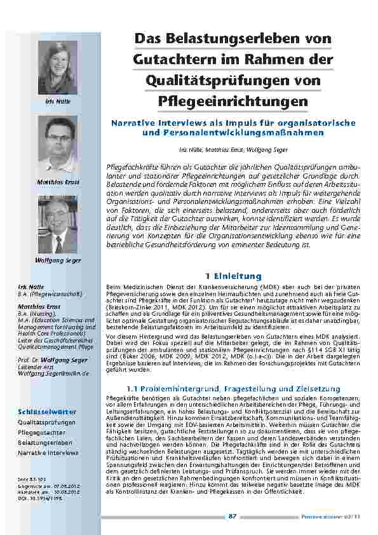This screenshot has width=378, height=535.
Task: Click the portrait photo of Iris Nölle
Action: [x=58, y=67]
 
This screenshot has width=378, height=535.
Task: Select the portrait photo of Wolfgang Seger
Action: [x=58, y=225]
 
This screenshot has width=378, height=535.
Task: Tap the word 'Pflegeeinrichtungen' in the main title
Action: [x=233, y=101]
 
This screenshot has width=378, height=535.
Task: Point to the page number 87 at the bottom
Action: [x=232, y=516]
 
